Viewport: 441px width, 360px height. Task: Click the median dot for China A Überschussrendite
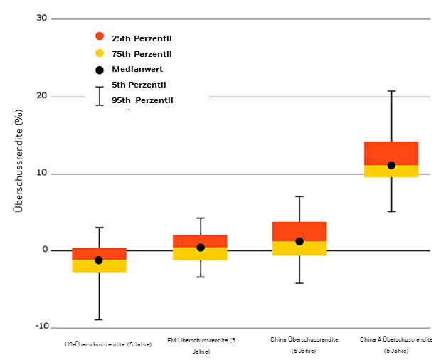coord(390,165)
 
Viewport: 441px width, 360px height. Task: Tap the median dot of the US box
coord(99,260)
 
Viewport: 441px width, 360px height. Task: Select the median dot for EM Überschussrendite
coord(201,248)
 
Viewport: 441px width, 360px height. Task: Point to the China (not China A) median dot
coord(299,241)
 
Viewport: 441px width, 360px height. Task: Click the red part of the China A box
coord(390,152)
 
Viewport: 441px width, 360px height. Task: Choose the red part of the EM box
coord(201,240)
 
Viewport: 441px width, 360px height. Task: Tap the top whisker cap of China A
coord(390,91)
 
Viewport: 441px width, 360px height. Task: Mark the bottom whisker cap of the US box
coord(99,320)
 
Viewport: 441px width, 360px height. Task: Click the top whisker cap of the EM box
coord(201,218)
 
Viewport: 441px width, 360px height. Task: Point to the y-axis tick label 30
coord(42,18)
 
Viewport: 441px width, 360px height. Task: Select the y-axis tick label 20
coord(42,95)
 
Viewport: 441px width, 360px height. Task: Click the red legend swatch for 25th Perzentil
coord(100,36)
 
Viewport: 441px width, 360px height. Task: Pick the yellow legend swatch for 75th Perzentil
coord(100,53)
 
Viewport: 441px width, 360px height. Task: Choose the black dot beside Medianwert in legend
coord(100,70)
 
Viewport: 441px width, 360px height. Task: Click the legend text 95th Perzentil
coord(142,100)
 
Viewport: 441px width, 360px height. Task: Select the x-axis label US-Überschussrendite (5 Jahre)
coord(108,344)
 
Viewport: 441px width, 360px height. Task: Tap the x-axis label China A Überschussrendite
coord(396,339)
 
